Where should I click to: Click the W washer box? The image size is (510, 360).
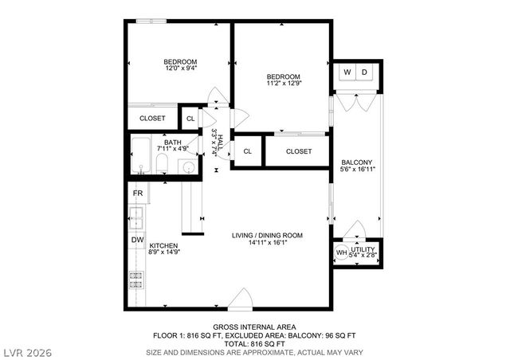347,72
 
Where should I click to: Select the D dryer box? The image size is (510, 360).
366,72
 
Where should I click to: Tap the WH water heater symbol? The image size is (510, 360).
341,253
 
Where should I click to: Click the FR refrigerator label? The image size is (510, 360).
137,194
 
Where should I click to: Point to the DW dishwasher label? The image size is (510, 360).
137,239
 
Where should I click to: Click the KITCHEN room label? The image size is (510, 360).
163,246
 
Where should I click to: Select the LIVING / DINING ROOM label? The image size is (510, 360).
267,236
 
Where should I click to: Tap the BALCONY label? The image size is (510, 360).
356,162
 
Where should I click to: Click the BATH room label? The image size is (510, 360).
173,142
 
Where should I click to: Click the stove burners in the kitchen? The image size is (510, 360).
135,279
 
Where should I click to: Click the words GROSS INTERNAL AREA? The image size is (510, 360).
254,327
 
